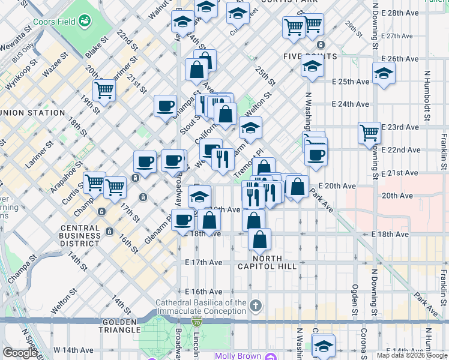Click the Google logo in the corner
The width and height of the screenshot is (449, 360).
pos(19,353)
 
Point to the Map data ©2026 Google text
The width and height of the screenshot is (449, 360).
pos(411,355)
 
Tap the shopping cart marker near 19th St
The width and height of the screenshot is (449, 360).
pos(104,91)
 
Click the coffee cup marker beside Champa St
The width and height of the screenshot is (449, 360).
pos(165,107)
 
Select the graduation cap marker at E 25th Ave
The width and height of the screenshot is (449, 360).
pos(382,74)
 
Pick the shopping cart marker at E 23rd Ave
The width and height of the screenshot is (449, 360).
pos(369,133)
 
